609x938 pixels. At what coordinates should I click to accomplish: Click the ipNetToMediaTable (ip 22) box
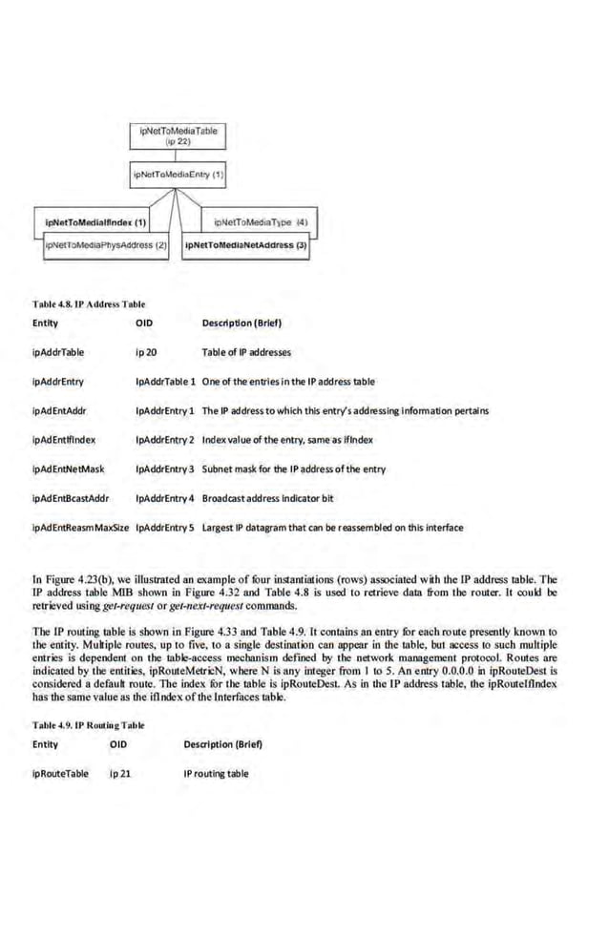178,135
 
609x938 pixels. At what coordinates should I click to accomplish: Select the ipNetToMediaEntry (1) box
178,175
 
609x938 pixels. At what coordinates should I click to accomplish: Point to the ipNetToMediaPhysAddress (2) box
106,245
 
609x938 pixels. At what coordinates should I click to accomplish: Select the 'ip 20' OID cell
146,352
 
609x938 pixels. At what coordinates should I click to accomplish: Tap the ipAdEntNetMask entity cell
68,469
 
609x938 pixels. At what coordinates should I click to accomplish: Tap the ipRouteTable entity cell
60,773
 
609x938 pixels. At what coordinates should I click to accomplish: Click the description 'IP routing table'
216,773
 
